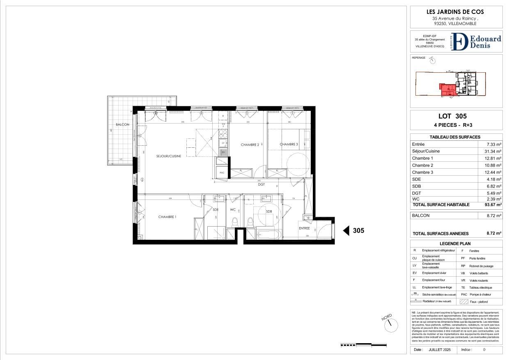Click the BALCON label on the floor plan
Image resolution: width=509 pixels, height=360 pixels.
click(122, 124)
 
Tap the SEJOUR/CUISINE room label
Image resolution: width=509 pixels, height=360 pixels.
click(169, 156)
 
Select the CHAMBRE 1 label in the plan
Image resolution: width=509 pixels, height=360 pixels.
click(167, 217)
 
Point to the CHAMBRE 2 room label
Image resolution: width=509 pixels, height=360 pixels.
click(250, 144)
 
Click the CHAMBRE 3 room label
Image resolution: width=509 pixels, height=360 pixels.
click(289, 144)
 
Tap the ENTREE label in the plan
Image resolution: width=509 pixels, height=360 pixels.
click(304, 228)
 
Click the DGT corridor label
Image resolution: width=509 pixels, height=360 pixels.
click(261, 184)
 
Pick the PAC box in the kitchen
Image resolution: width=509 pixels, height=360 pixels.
click(222, 172)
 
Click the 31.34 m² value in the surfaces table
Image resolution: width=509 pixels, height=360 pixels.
click(492, 151)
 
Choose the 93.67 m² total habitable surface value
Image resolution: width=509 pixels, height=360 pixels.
click(492, 204)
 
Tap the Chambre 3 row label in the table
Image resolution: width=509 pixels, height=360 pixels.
click(422, 172)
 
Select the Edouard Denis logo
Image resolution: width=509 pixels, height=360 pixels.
click(476, 42)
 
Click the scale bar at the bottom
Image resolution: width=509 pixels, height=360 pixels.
click(358, 345)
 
